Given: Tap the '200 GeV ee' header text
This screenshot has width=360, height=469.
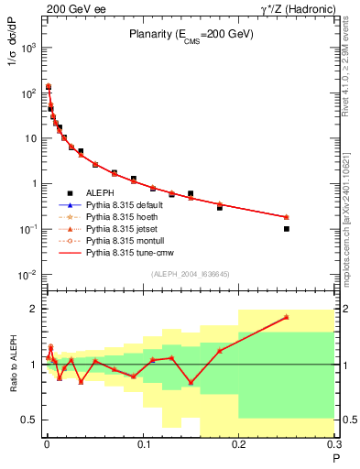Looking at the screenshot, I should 71,7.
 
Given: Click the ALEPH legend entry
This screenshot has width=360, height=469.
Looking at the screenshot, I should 100,193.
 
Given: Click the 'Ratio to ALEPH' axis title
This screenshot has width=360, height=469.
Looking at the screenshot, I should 13,365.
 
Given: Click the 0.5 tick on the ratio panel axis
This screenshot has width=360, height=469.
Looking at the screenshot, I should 31,420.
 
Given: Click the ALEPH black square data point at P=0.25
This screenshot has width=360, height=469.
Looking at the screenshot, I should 287,229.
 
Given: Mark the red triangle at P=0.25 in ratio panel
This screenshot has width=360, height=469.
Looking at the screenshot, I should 287,317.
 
